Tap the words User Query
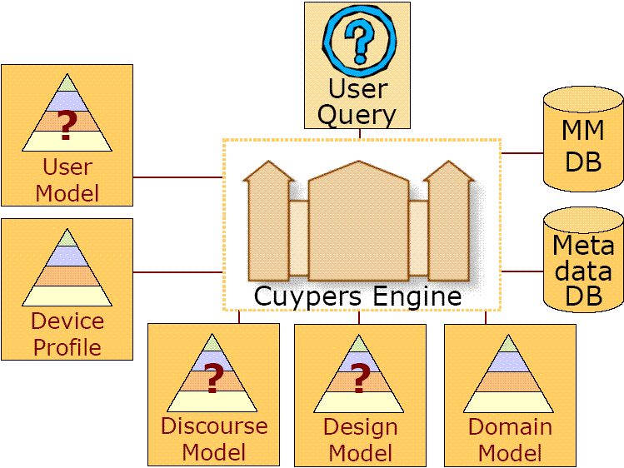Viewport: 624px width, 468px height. coord(357,101)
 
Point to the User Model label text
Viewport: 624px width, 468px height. coord(67,180)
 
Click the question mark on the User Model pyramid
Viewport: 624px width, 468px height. coord(67,123)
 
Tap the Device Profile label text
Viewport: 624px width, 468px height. coord(67,334)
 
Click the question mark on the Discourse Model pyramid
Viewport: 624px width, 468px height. coord(213,379)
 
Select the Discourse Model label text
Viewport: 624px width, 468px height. coord(214,439)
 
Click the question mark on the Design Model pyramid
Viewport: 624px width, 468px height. coord(360,379)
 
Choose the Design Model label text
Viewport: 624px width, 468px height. coord(360,440)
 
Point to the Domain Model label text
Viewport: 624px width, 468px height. coord(510,440)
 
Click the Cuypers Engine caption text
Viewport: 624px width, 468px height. coord(358,296)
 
